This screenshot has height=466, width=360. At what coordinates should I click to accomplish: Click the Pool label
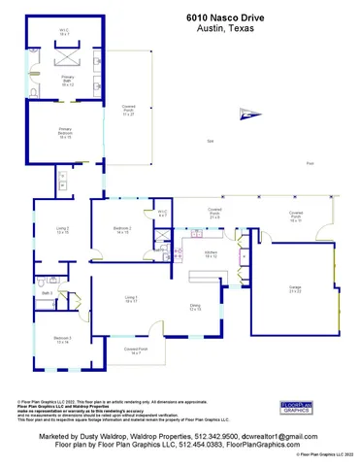tap(310, 164)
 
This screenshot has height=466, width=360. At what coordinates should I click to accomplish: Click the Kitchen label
tap(210, 254)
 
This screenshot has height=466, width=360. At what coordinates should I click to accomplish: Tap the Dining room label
tap(195, 308)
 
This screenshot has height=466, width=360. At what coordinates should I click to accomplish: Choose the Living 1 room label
tap(131, 299)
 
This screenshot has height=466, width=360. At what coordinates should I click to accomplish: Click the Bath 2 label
tap(46, 291)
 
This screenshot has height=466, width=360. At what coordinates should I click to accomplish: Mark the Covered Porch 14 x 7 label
tap(135, 351)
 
